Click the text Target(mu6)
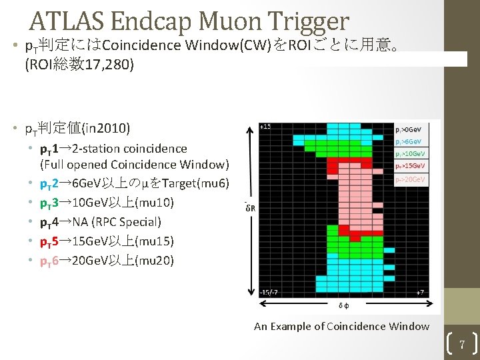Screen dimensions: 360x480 pyautogui.click(x=197, y=184)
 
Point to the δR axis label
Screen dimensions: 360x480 pyautogui.click(x=251, y=207)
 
